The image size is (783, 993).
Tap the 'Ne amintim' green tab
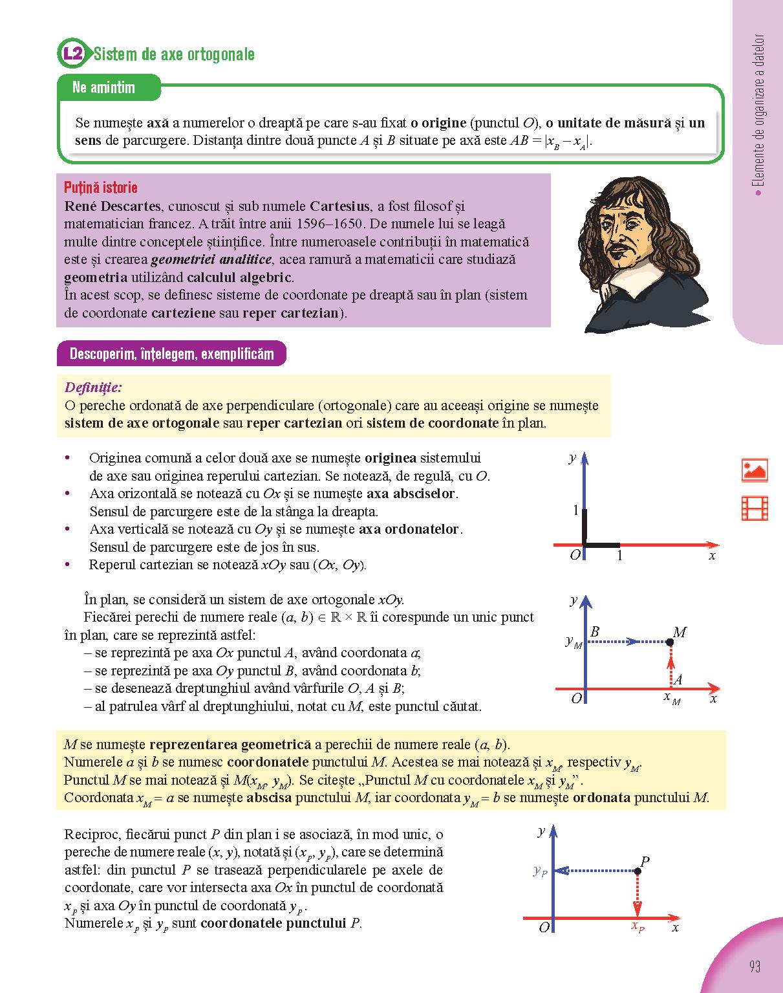[x=104, y=87]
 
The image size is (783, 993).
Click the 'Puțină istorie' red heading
[x=100, y=188]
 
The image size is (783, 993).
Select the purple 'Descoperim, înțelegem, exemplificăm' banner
[x=171, y=354]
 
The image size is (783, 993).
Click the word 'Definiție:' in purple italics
[x=93, y=387]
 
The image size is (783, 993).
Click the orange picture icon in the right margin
[x=755, y=470]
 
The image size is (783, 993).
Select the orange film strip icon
[x=755, y=508]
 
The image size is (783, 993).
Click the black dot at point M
[x=670, y=642]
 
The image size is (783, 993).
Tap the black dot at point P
[x=638, y=871]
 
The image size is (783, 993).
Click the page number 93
[x=754, y=966]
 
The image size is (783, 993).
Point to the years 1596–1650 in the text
[x=329, y=224]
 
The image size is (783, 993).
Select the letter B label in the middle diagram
[x=595, y=631]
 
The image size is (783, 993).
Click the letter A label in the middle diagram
[x=678, y=679]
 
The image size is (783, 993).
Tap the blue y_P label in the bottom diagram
[x=541, y=871]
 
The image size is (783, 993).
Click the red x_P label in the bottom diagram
[x=638, y=927]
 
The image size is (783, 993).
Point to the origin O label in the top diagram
[x=575, y=555]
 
